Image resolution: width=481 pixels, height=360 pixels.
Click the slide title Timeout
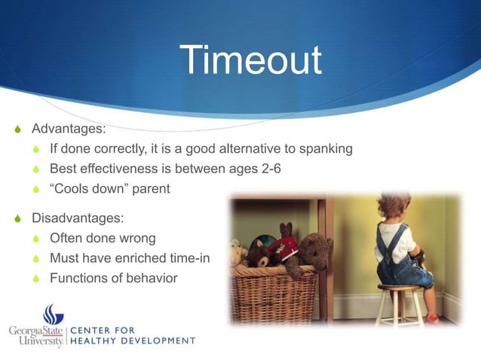(x=251, y=61)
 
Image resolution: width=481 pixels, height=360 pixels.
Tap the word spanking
(x=326, y=148)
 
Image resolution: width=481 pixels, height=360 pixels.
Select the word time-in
(x=185, y=258)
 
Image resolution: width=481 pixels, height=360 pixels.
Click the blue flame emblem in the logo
(x=51, y=314)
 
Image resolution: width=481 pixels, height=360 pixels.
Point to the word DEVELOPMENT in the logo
(x=161, y=340)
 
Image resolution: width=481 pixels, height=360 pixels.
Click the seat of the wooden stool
(x=399, y=287)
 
